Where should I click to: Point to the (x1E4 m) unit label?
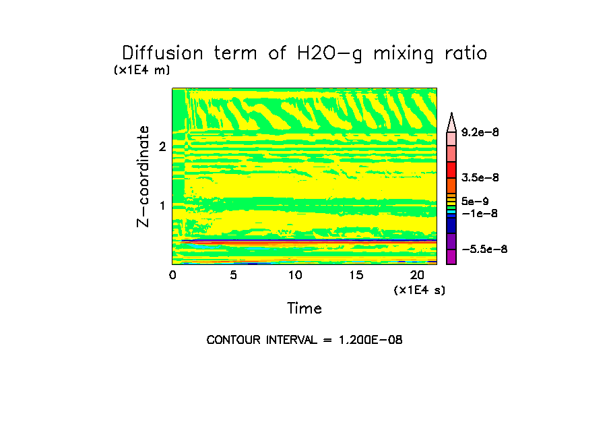(x=142, y=69)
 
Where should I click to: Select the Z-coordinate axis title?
(x=143, y=175)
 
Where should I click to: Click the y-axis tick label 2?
(x=162, y=146)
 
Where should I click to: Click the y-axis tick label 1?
(x=162, y=205)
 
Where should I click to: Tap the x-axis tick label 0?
(x=172, y=275)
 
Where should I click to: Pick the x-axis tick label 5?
(x=233, y=275)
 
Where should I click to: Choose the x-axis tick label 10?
(x=294, y=275)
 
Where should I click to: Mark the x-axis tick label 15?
(x=356, y=275)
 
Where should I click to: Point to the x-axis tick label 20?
(x=417, y=275)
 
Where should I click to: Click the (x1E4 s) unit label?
(x=420, y=290)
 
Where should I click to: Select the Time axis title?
(x=304, y=309)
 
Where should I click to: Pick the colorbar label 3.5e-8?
(x=480, y=177)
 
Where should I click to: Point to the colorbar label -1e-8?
(x=479, y=213)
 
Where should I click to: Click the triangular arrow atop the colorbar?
(x=451, y=121)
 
